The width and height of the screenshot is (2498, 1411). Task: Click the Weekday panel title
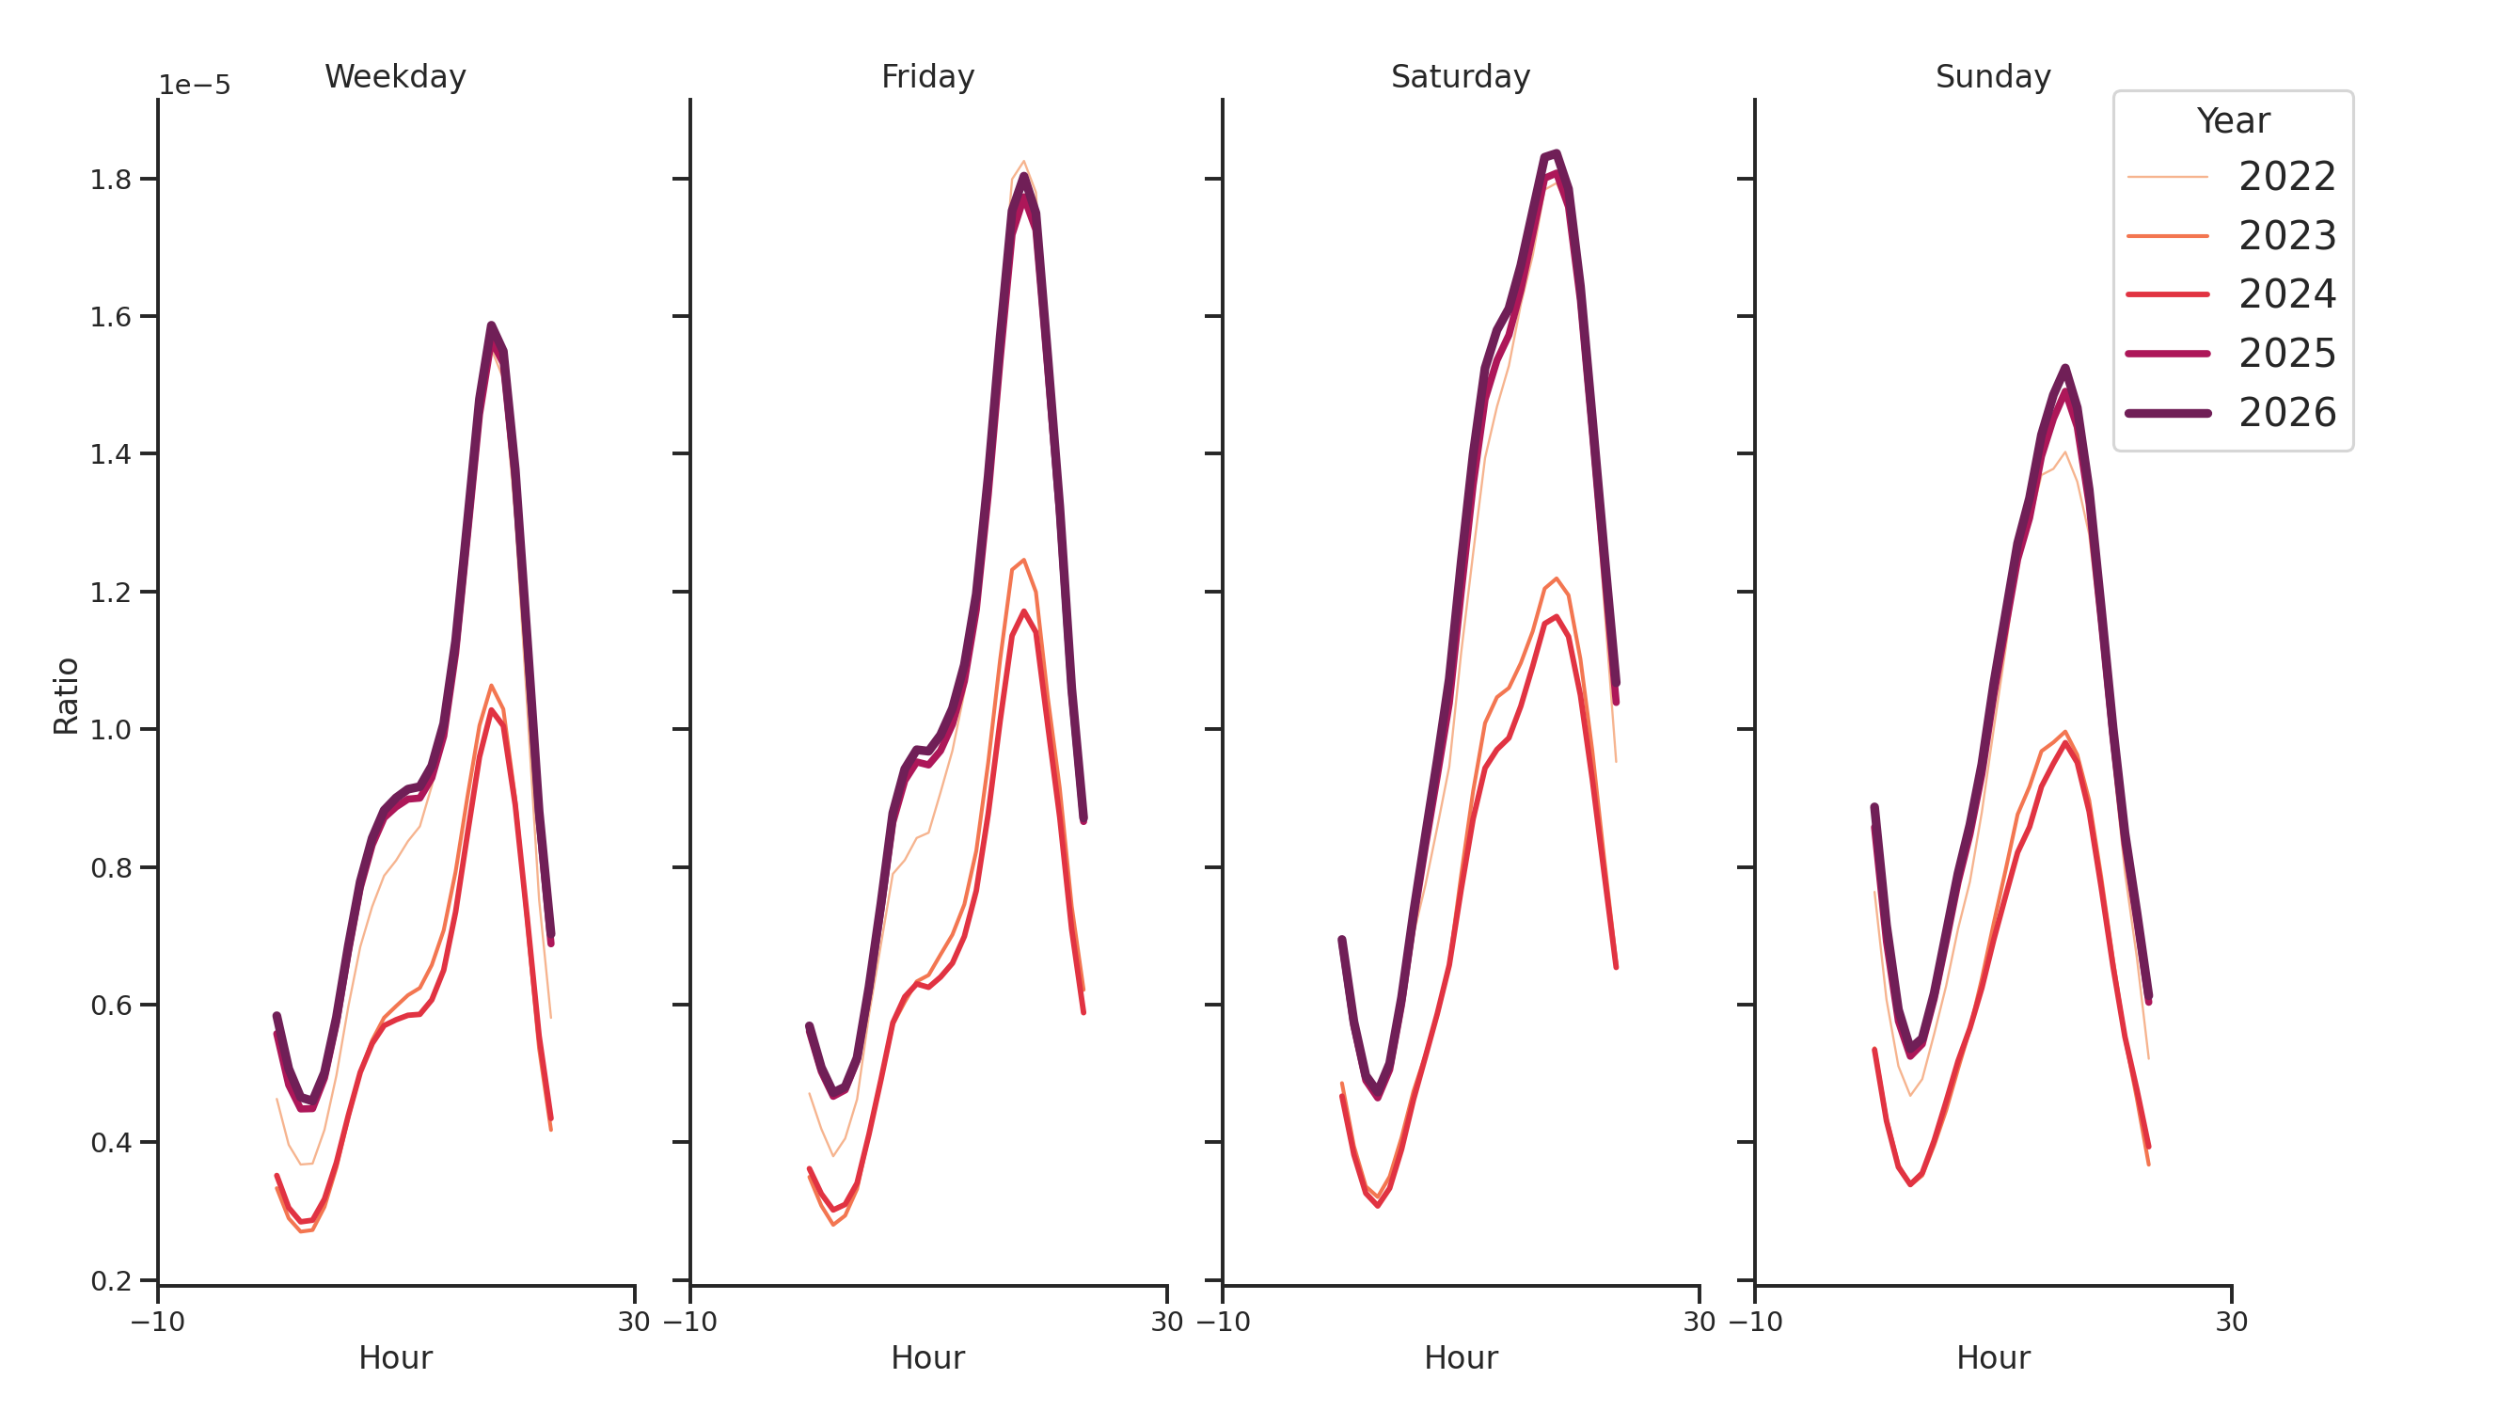[x=395, y=76]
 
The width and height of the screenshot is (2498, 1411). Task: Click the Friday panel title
[x=927, y=76]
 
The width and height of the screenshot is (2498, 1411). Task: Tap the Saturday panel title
[x=1460, y=76]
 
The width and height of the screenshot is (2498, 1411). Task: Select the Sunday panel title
[x=1992, y=76]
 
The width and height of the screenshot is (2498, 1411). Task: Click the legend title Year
[x=2232, y=121]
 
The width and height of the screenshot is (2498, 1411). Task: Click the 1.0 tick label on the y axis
[x=111, y=730]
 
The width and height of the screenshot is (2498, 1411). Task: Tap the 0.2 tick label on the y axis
[x=111, y=1281]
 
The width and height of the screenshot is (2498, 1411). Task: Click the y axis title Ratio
[x=66, y=696]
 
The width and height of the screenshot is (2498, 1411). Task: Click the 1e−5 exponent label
[x=195, y=86]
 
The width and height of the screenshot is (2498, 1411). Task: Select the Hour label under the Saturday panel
[x=1460, y=1357]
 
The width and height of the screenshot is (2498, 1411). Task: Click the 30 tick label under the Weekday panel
[x=634, y=1322]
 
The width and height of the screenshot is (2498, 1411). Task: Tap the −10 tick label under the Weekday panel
[x=157, y=1322]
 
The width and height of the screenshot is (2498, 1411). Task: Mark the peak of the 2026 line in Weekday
[x=491, y=325]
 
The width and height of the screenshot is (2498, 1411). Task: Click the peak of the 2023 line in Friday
[x=1023, y=561]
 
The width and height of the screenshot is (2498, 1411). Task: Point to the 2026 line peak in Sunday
[x=2064, y=369]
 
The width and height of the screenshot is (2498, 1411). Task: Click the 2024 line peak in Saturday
[x=1556, y=617]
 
